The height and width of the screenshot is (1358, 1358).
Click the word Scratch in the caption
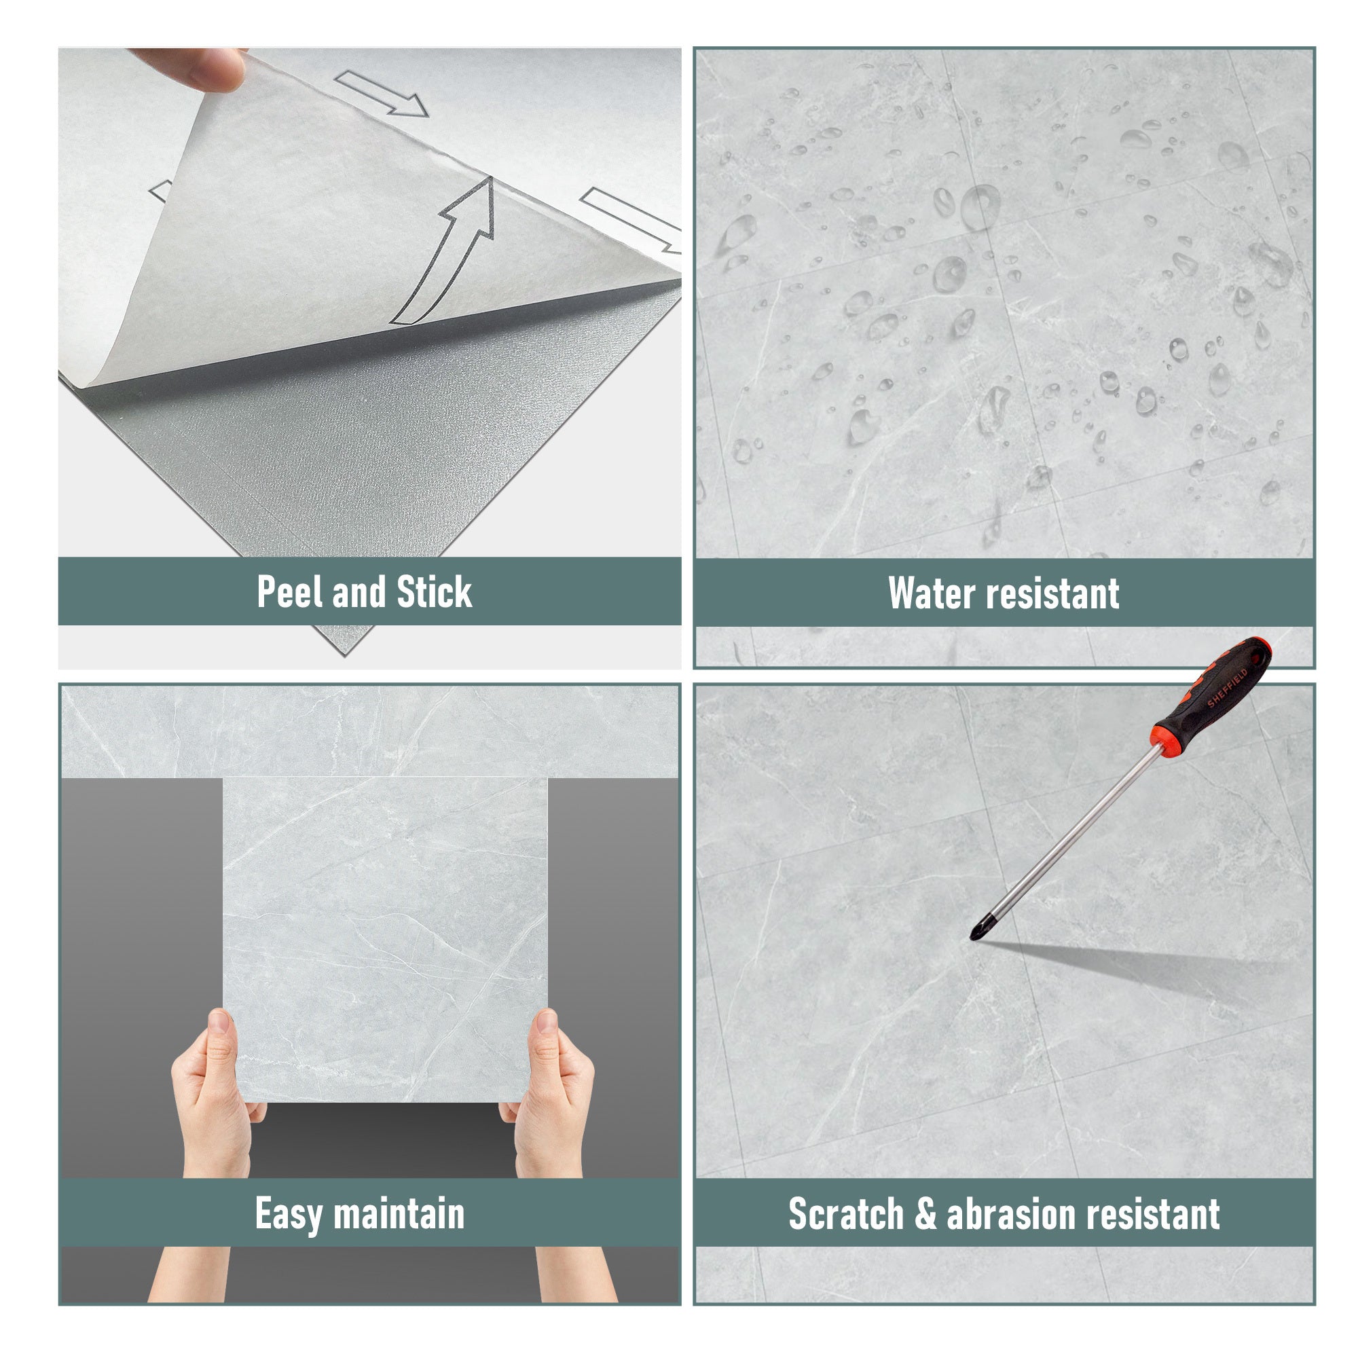[846, 1214]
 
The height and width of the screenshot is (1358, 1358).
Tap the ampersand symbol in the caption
[925, 1214]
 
